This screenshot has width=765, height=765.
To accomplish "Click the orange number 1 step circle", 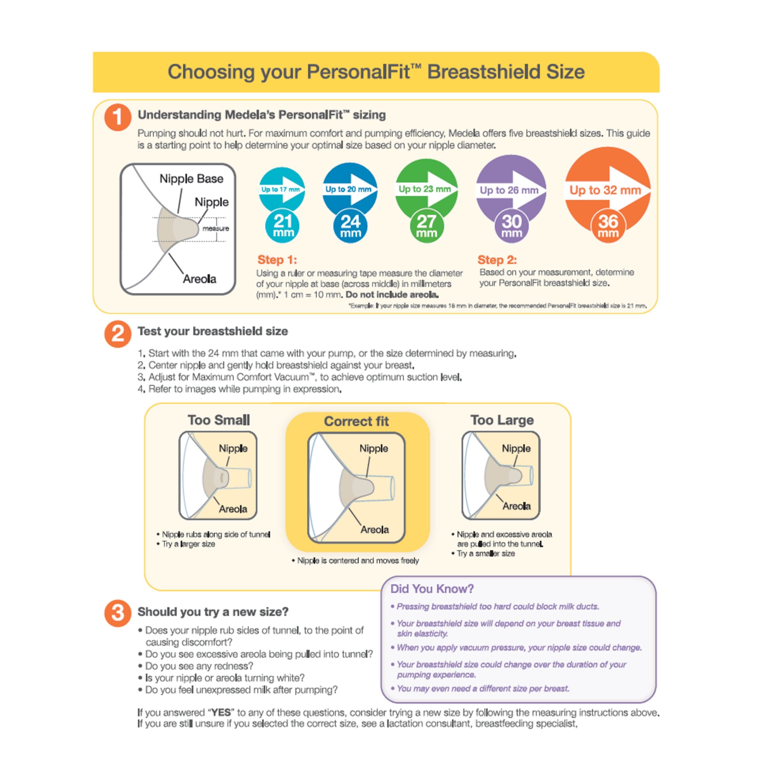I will (x=118, y=118).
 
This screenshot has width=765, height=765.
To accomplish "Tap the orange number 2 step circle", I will (x=118, y=334).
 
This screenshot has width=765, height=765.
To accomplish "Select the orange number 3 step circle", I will (x=118, y=613).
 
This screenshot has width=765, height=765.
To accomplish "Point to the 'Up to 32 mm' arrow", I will (x=606, y=190).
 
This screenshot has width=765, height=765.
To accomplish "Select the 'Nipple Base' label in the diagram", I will (x=191, y=179).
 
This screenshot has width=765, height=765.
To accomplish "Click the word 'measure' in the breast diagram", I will (x=215, y=229).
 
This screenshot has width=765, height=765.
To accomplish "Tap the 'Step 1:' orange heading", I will (x=277, y=260).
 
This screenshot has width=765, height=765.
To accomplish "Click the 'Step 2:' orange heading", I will (x=497, y=260).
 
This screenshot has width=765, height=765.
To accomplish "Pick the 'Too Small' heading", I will (x=218, y=420).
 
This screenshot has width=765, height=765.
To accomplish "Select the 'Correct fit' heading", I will (x=356, y=421).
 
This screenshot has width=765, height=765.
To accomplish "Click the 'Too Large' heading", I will (x=502, y=420).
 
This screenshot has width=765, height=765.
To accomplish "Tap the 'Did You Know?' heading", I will (x=432, y=589).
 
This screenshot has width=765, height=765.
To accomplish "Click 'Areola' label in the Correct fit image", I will (x=374, y=529).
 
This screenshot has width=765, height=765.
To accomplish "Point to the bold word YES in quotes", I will (x=221, y=713).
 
